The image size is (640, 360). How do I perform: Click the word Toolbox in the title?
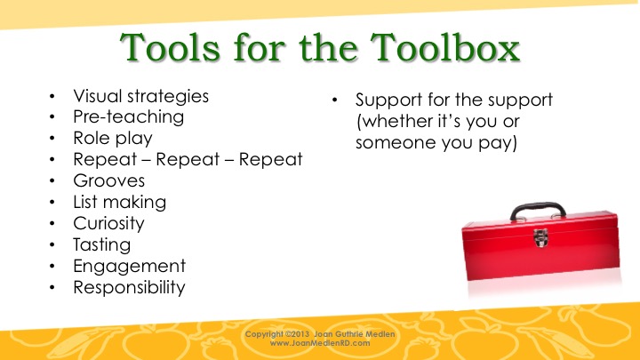pos(445,48)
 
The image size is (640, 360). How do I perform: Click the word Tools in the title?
pos(170,48)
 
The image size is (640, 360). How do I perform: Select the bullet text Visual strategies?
pos(140,97)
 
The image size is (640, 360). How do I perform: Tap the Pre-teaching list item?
pos(129,116)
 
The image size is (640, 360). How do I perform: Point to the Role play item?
pos(113,139)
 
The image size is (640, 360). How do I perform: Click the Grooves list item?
pos(109,180)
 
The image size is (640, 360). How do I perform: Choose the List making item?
pos(120,202)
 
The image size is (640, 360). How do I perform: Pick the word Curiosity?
pos(109,223)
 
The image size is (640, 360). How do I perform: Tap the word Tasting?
pos(102,245)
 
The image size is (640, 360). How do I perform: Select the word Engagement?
pos(130,266)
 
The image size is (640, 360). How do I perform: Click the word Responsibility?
pos(129,287)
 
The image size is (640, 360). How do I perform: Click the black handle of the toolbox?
pos(538,206)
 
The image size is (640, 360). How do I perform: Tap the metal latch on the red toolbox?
pos(540,237)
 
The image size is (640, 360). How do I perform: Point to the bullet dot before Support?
pos(335,100)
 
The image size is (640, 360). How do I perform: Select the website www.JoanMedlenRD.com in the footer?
pos(320,343)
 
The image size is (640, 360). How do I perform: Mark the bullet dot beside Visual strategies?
pos(52,96)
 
